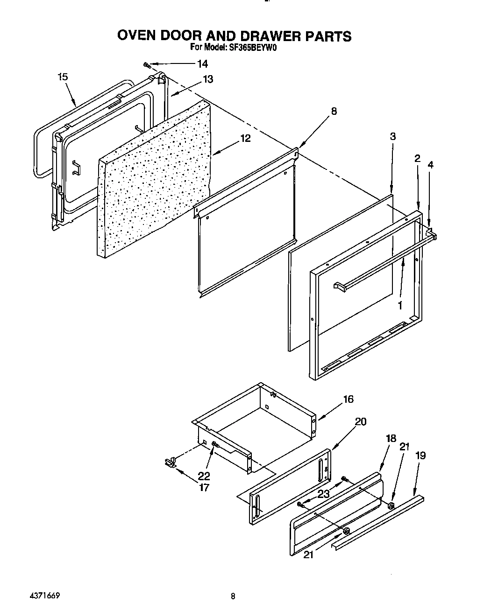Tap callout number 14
[202, 64]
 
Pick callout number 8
[334, 111]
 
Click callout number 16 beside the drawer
[348, 399]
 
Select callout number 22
[204, 476]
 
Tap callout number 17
[204, 488]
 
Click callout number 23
[323, 494]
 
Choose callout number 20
[360, 421]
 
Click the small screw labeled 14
[146, 64]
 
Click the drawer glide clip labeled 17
[170, 462]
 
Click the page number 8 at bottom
[233, 596]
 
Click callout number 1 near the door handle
[399, 305]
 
